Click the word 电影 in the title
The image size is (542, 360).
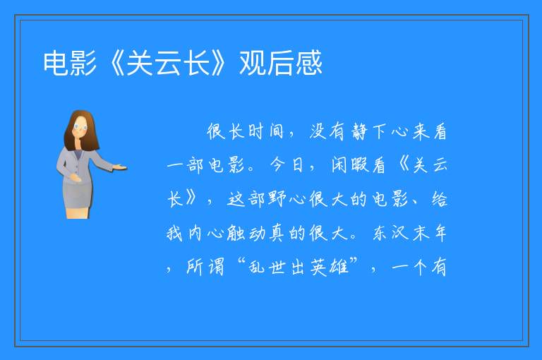pos(70,64)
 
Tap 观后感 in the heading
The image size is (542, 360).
pos(281,64)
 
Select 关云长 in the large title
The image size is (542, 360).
pos(169,64)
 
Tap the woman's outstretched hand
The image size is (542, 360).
pos(120,168)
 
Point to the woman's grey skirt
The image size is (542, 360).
pos(77,194)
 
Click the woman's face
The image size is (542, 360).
pos(80,128)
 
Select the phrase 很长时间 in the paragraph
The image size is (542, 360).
pos(245,131)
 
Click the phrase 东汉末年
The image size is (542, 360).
pos(409,233)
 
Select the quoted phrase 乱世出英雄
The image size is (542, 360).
pos(299,267)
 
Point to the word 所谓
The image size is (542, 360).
pos(205,267)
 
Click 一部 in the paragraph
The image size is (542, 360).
pos(186,165)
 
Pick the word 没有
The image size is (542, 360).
pos(327,131)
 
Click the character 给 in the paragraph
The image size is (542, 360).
pos(440,199)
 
